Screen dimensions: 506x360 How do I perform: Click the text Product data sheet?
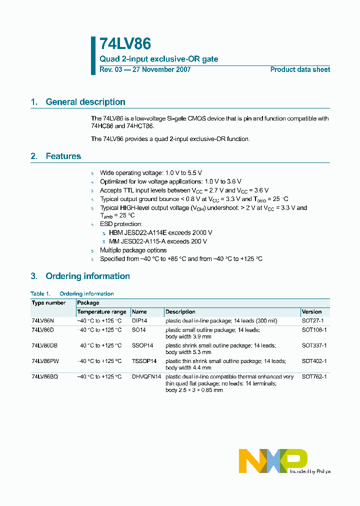click(x=300, y=69)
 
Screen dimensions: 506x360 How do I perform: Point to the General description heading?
click(x=85, y=102)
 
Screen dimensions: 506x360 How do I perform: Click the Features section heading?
click(x=63, y=156)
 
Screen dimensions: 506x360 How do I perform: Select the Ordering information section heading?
click(x=87, y=276)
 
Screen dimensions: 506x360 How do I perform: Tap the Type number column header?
click(x=48, y=303)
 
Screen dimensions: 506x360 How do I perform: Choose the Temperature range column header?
click(x=101, y=312)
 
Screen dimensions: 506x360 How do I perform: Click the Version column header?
click(x=311, y=312)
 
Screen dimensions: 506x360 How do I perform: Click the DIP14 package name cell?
click(x=139, y=320)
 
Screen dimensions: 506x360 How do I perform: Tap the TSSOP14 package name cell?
click(x=144, y=361)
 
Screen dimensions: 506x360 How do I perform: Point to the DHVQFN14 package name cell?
click(x=146, y=376)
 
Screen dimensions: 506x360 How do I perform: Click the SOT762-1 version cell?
click(x=314, y=376)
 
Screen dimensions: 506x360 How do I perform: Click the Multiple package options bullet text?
click(x=133, y=250)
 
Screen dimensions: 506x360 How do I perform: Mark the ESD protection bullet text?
click(x=121, y=224)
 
